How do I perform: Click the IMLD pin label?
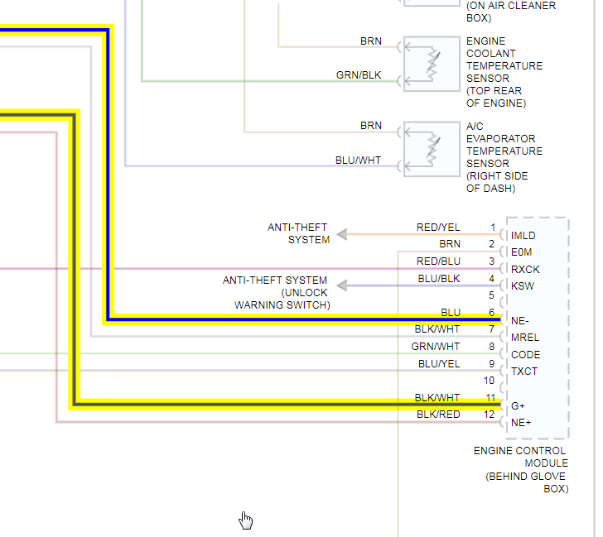pos(523,236)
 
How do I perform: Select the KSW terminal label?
pos(522,286)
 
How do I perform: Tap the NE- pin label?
pos(520,321)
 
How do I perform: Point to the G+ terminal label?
pos(518,406)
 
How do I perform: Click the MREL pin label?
pos(524,338)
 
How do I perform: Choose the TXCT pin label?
pos(524,372)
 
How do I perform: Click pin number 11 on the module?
pos(490,397)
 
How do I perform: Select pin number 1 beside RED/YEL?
pos(492,228)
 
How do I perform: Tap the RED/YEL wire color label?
pos(438,228)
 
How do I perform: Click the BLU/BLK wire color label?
pos(439,278)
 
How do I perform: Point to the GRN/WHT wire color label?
pos(436,347)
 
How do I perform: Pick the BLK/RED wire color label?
pos(438,415)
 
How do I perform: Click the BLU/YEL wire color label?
pos(439,363)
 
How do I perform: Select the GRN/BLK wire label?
pos(359,75)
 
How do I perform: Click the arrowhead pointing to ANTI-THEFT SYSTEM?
pos(341,234)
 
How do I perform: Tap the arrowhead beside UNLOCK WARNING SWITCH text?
pos(341,285)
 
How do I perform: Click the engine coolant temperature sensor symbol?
pos(432,63)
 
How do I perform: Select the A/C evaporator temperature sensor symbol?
pos(432,148)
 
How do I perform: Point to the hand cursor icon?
pos(246,520)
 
